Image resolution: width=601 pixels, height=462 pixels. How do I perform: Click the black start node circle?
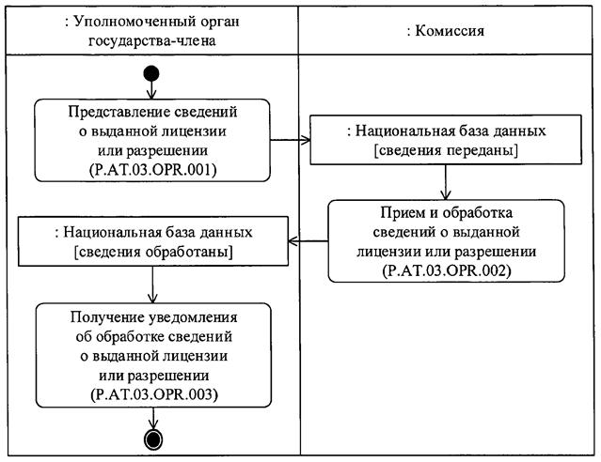[x=152, y=74]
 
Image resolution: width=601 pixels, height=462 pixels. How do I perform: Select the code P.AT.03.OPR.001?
[x=151, y=169]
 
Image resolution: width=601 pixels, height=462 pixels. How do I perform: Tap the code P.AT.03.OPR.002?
[x=446, y=269]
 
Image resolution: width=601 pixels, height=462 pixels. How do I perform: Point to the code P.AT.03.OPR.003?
[x=151, y=393]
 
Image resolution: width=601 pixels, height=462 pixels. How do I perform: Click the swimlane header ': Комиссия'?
[x=447, y=30]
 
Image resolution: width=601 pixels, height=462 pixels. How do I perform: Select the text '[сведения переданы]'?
[x=447, y=150]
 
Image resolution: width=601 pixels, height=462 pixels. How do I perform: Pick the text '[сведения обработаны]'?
[x=151, y=252]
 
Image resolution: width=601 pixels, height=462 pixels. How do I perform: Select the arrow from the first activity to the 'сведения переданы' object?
[x=291, y=141]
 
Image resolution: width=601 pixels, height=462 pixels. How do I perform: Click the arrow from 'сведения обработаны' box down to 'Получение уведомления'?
[x=152, y=284]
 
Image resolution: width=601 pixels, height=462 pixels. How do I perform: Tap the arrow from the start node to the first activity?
[x=152, y=90]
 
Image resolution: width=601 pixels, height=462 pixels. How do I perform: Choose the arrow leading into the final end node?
[x=152, y=419]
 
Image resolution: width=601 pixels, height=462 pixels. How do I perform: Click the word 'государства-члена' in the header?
[x=151, y=40]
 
